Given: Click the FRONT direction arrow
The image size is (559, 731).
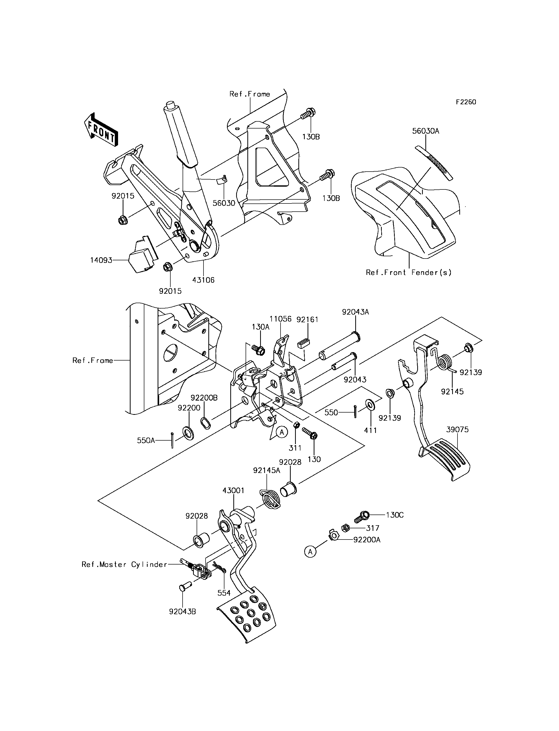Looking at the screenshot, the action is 100,130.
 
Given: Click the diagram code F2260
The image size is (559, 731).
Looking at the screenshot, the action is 466,102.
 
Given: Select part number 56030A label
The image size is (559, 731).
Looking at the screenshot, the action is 426,131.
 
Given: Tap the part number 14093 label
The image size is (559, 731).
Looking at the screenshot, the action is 101,260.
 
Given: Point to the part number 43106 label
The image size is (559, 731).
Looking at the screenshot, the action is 203,280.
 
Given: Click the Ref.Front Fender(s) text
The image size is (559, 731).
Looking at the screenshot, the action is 409,273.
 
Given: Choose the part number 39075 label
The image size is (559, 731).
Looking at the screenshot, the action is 457,430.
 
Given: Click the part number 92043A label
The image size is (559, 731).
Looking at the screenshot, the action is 355,312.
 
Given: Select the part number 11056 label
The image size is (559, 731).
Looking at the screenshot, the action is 281,319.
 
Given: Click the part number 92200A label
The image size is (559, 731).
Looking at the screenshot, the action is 367,540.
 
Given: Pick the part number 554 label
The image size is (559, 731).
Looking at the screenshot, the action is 224,593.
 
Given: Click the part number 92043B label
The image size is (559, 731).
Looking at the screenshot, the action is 182,612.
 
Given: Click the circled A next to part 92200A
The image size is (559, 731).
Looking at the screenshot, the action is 310,552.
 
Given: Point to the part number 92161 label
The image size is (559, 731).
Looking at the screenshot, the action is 308,319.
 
